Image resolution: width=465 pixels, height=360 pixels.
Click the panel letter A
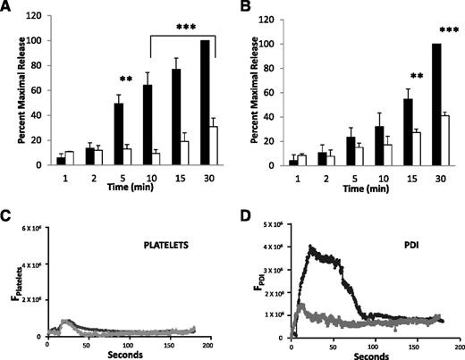point(8,8)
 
